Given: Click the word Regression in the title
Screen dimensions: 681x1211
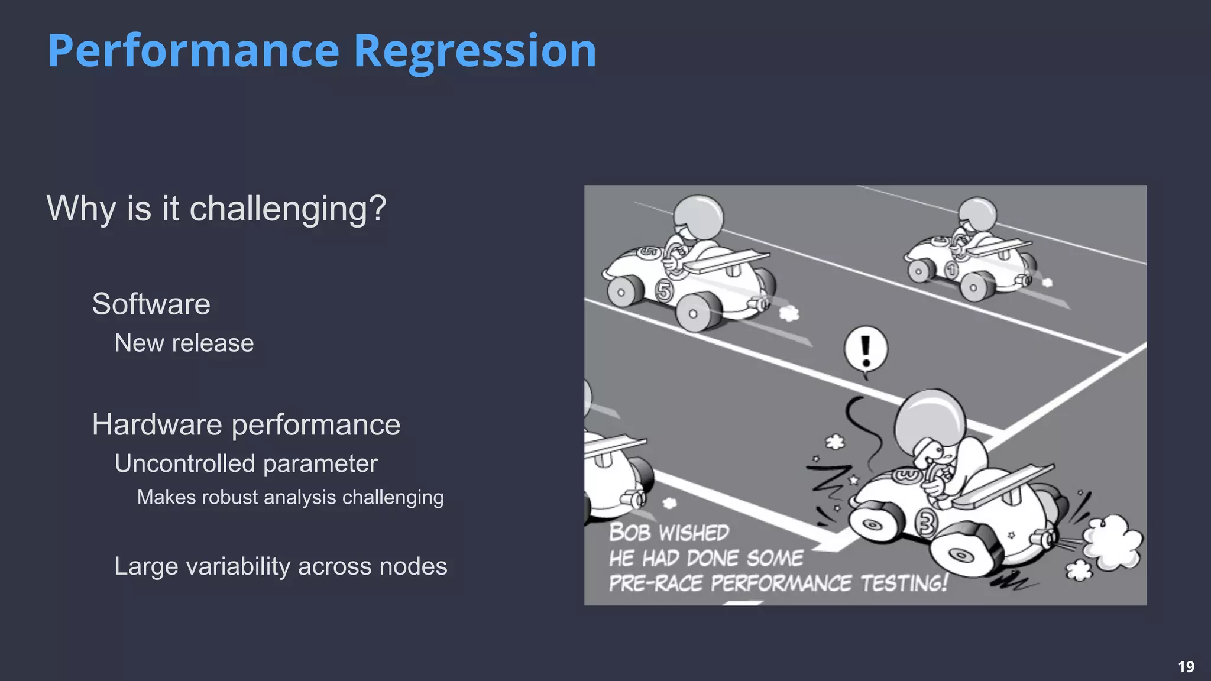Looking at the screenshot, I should click(x=475, y=51).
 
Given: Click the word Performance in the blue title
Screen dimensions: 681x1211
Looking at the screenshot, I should click(x=193, y=51).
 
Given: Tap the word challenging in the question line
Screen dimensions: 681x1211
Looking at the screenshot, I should click(x=287, y=209).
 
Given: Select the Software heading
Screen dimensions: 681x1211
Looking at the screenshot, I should click(x=151, y=304).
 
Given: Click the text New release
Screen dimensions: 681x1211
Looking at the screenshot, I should click(x=184, y=343).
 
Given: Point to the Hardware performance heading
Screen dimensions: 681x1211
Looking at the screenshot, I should click(x=246, y=424).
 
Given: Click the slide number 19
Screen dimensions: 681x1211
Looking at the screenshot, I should click(x=1186, y=667).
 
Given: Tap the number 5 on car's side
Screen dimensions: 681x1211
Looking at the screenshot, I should click(x=664, y=291).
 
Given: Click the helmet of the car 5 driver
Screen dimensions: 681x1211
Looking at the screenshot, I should click(x=698, y=216).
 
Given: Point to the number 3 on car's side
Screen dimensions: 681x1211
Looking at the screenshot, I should click(x=926, y=523).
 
